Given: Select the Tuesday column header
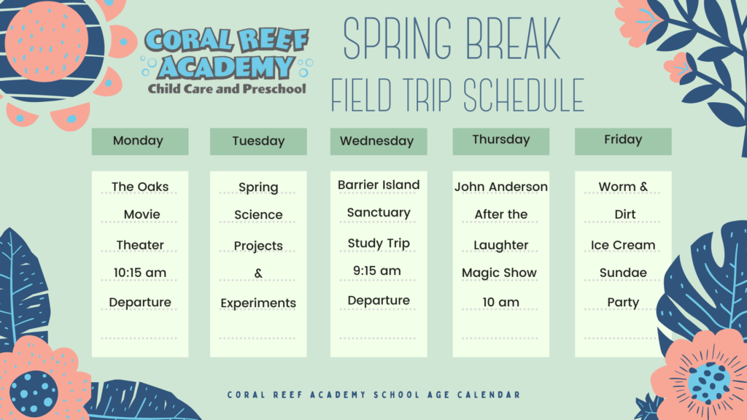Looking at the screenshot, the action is pyautogui.click(x=258, y=141).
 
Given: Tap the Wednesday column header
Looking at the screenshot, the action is pyautogui.click(x=379, y=141).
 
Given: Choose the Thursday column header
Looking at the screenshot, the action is pyautogui.click(x=500, y=141).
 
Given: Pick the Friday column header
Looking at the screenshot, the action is pyautogui.click(x=623, y=141).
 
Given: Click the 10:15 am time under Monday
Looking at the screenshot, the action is pyautogui.click(x=140, y=273).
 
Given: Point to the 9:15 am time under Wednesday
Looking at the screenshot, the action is pyautogui.click(x=377, y=271).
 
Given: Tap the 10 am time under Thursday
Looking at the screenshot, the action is pyautogui.click(x=500, y=303).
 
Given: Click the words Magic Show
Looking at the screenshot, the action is pyautogui.click(x=499, y=273).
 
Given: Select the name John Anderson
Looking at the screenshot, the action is pyautogui.click(x=501, y=187).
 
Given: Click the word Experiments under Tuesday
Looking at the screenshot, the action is pyautogui.click(x=258, y=303).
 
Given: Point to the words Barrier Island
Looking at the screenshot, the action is pyautogui.click(x=379, y=184).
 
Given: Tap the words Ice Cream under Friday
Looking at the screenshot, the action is pyautogui.click(x=623, y=245).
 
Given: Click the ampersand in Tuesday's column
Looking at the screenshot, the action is pyautogui.click(x=258, y=273).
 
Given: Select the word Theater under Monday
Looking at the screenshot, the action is pyautogui.click(x=140, y=245).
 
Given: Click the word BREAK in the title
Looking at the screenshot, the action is pyautogui.click(x=513, y=39).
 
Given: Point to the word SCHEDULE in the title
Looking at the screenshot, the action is pyautogui.click(x=524, y=96).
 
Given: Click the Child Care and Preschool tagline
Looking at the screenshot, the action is pyautogui.click(x=227, y=89).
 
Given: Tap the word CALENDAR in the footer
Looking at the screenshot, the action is pyautogui.click(x=489, y=394).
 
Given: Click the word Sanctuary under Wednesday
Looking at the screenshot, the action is pyautogui.click(x=379, y=213).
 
